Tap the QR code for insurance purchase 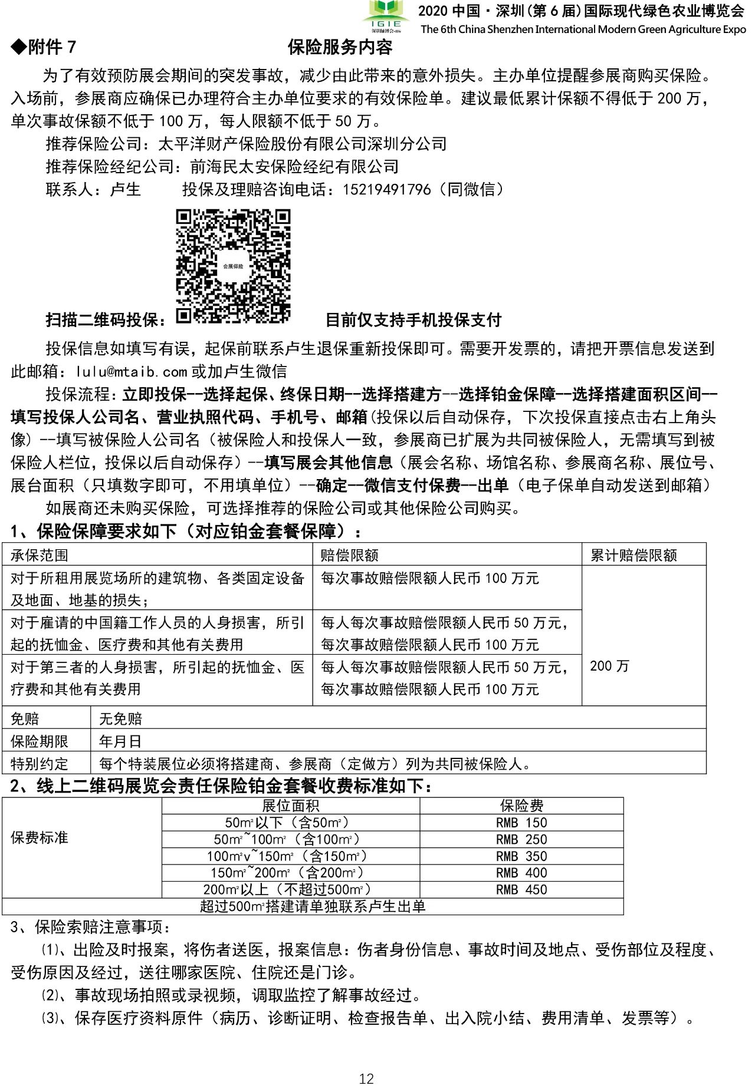(234, 266)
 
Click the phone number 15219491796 (386, 190)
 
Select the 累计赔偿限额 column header (633, 555)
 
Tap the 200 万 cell (609, 666)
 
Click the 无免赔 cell (121, 718)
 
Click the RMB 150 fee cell (521, 823)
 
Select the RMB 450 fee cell (521, 890)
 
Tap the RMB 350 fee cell (521, 856)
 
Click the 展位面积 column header (290, 806)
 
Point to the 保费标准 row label (40, 838)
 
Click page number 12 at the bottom (366, 1078)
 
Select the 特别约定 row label (40, 764)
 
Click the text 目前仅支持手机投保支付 (413, 321)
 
